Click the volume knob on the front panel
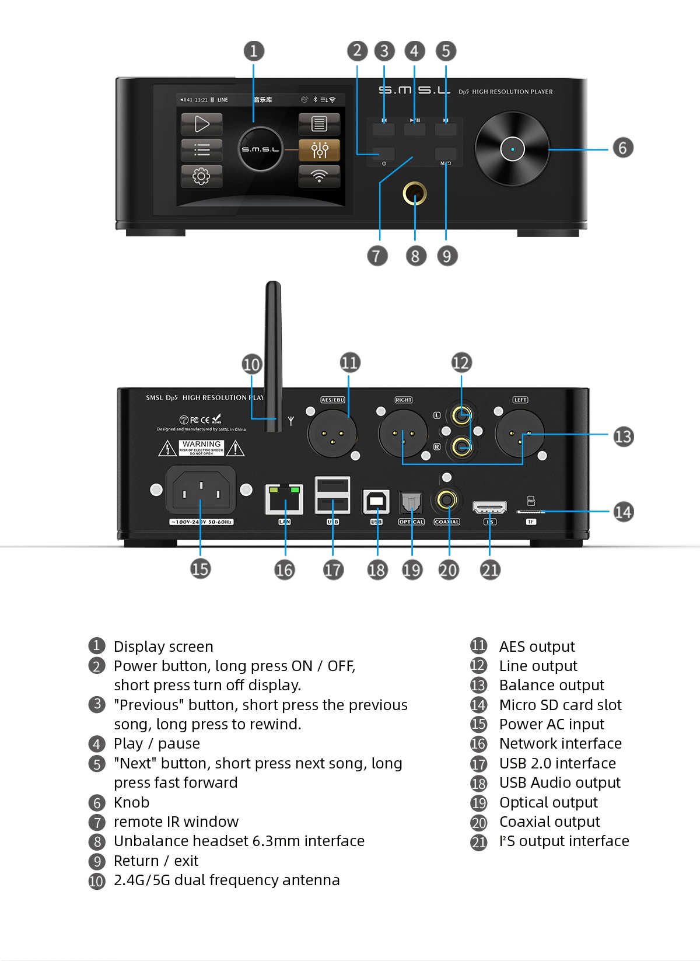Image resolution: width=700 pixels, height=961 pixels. click(x=512, y=149)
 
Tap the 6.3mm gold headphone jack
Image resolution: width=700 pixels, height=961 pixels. click(x=415, y=194)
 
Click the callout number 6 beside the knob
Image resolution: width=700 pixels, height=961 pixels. click(x=622, y=148)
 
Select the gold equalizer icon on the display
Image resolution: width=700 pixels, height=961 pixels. click(x=319, y=150)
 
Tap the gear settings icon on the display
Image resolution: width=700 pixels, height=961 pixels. click(x=201, y=176)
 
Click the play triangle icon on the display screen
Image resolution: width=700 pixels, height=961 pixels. click(x=201, y=124)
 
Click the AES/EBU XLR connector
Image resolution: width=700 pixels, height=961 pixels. click(x=332, y=433)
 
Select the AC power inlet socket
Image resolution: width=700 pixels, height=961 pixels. click(x=201, y=490)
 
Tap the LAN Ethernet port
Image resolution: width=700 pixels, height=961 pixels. click(x=285, y=499)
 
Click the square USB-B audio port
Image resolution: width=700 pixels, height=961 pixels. click(x=376, y=501)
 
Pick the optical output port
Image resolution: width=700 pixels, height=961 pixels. click(x=411, y=502)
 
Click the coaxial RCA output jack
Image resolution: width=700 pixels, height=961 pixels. click(x=447, y=500)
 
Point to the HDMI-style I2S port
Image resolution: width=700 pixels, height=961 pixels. click(x=489, y=506)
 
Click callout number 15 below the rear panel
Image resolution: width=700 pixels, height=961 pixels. click(x=200, y=569)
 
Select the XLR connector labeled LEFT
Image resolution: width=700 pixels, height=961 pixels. click(x=519, y=433)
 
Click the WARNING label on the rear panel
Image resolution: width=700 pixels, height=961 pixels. click(x=201, y=447)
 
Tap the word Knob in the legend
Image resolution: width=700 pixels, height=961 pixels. click(x=131, y=802)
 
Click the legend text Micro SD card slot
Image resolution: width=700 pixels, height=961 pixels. click(x=560, y=705)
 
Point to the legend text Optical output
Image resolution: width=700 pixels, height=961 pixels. click(x=548, y=802)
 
